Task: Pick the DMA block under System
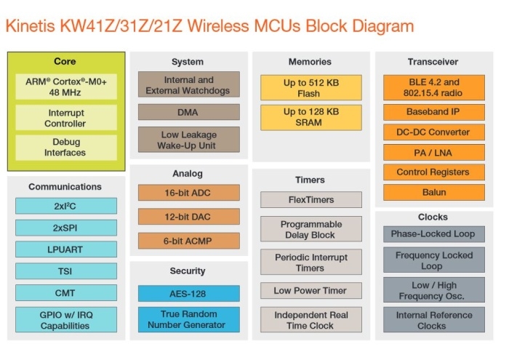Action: [x=188, y=112]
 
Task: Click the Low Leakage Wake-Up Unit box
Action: [x=188, y=140]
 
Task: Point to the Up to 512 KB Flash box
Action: [x=310, y=88]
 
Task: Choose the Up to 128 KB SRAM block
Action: [x=310, y=117]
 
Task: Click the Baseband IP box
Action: [x=433, y=113]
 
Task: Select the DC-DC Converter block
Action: [x=433, y=132]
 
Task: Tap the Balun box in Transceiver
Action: [x=433, y=193]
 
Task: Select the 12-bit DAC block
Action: [x=188, y=216]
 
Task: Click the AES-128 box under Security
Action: [x=188, y=293]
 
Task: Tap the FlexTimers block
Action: [x=310, y=199]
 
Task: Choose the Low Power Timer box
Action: [x=310, y=290]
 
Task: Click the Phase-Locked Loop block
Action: [x=433, y=234]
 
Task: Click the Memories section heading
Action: [x=310, y=62]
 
